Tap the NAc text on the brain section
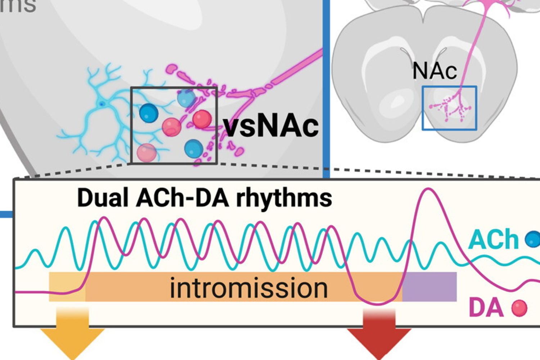[x=435, y=71]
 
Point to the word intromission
[x=249, y=288]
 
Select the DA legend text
[x=486, y=308]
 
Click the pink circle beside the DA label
[x=519, y=309]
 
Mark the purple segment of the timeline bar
[x=429, y=287]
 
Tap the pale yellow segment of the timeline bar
[x=67, y=287]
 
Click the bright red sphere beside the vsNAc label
[x=202, y=120]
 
